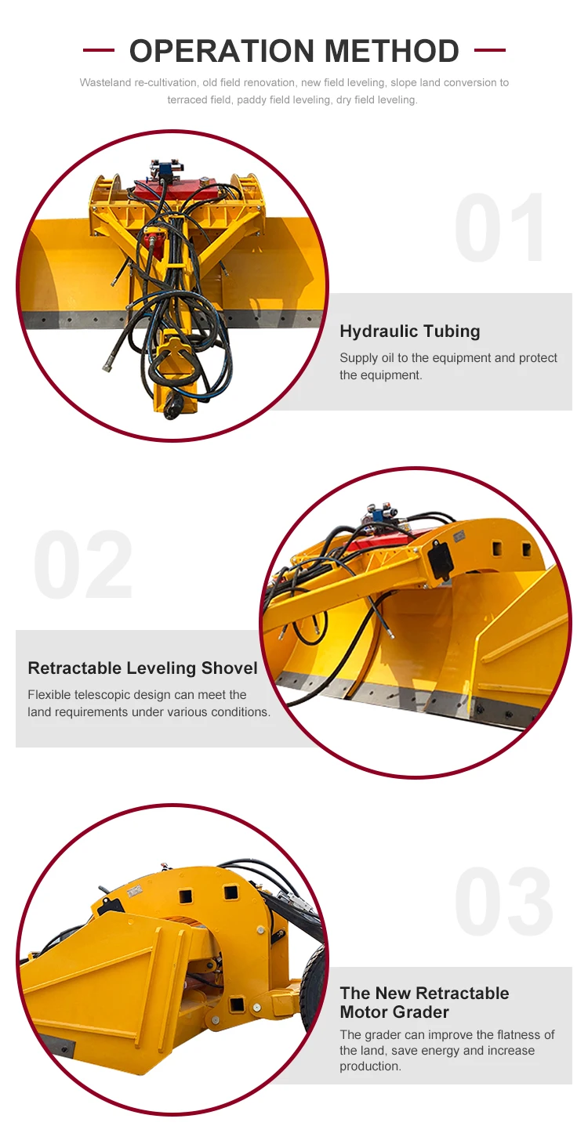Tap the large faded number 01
coord(502,229)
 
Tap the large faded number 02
coord(84,566)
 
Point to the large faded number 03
coord(503,903)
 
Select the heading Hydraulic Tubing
coord(409,331)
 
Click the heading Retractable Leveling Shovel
coord(142,668)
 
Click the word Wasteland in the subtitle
coord(106,83)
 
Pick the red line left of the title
coord(99,51)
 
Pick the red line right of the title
coord(490,51)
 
